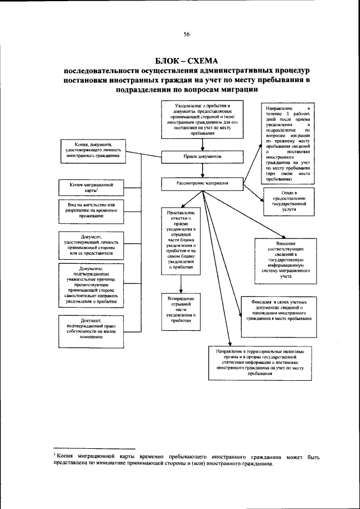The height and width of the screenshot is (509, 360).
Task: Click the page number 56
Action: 186,35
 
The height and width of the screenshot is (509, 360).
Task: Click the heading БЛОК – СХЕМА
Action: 186,61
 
